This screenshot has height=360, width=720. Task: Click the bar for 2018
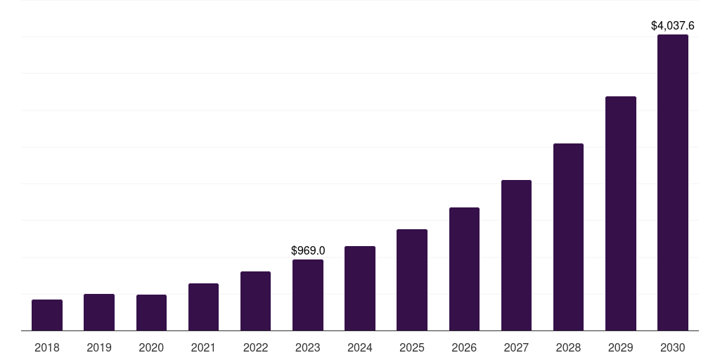click(x=47, y=315)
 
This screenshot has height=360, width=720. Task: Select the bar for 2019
click(x=99, y=312)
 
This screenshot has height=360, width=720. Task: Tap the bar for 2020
click(x=151, y=312)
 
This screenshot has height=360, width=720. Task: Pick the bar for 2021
click(x=203, y=307)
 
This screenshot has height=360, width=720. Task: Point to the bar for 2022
click(x=255, y=301)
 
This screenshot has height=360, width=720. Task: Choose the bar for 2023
click(x=308, y=295)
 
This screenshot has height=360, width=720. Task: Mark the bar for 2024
click(x=360, y=288)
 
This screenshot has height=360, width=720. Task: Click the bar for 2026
click(x=464, y=269)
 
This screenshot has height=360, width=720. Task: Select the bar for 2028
click(x=568, y=237)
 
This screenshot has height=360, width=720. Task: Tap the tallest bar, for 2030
click(x=673, y=182)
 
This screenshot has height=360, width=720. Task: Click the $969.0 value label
click(x=308, y=250)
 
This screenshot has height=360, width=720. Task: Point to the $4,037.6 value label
click(x=673, y=26)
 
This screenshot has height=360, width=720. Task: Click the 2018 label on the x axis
click(x=47, y=347)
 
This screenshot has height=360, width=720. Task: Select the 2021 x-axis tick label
click(x=203, y=347)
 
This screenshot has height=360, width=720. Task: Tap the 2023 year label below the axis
click(x=308, y=347)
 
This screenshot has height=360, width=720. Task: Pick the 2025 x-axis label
click(x=412, y=347)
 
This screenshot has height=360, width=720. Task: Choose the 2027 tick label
click(x=516, y=347)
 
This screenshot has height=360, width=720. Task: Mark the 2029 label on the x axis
click(x=621, y=347)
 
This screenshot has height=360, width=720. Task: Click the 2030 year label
click(x=673, y=347)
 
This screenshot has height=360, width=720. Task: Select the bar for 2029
click(x=621, y=213)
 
